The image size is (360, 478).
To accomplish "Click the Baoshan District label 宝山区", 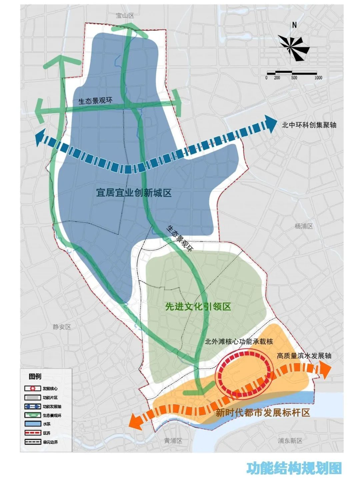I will coord(125,16).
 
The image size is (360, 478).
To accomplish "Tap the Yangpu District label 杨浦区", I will coord(303,226).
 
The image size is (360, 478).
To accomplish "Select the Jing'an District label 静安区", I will coord(62,327).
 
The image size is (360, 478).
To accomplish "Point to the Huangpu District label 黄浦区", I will coord(173,440).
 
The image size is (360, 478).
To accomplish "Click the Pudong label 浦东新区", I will coord(290,440).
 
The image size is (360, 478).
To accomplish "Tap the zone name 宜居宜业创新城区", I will coord(134,193).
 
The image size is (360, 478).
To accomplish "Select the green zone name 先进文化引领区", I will coord(198,307).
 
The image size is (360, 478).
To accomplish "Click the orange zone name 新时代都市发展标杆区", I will coord(263,413).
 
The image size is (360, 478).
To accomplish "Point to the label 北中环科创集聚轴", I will coord(309,125).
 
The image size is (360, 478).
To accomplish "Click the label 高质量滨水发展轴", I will coord(304,356).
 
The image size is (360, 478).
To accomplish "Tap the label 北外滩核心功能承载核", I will coord(239,341).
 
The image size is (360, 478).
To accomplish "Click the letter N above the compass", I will coord(294,25).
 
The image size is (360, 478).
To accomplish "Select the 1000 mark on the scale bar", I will coord(318,78).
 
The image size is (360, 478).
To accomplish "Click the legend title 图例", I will coord(35,377).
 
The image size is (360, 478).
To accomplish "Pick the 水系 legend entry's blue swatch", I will coord(32,424).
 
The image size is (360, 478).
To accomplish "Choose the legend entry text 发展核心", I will coord(52,389).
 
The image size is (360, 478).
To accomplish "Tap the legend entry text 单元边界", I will coord(52,442).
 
